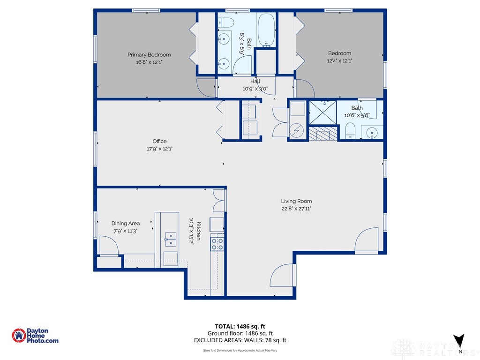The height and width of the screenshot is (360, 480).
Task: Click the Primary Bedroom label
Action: (149, 55)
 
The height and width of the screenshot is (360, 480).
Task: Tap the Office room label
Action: (159, 142)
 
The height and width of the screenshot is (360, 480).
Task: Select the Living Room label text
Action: (296, 202)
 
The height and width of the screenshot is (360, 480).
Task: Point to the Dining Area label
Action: (125, 224)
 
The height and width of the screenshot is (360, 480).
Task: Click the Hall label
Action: (255, 82)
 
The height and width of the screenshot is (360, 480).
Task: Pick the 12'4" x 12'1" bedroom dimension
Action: (339, 60)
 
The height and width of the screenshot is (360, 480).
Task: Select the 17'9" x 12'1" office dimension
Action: (159, 149)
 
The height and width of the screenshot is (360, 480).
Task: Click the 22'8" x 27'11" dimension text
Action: (296, 209)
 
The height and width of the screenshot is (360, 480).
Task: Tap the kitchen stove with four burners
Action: (217, 243)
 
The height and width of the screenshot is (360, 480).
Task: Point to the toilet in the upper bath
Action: (224, 22)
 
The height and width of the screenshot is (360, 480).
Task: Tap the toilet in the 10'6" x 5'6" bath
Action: (350, 131)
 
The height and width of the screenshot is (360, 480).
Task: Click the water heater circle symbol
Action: (297, 131)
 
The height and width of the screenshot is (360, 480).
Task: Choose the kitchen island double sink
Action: (170, 239)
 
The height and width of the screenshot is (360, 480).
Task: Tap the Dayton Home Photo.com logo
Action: (35, 336)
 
